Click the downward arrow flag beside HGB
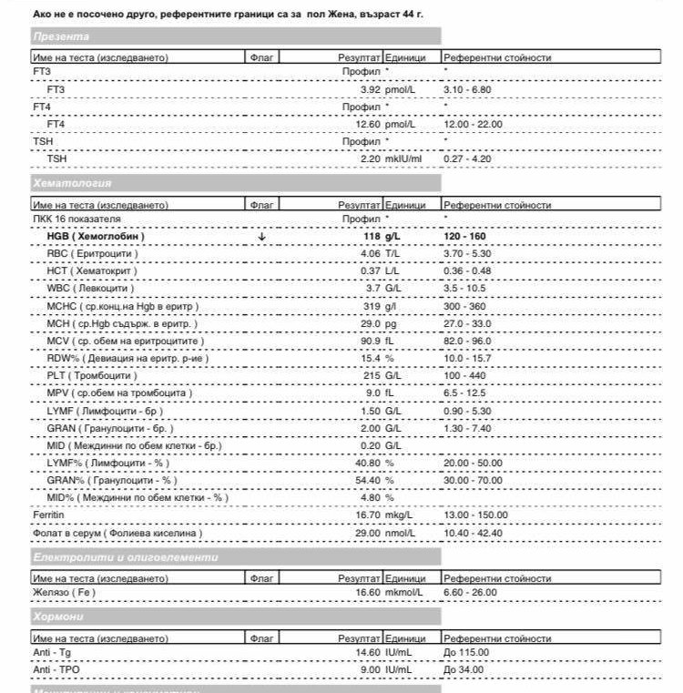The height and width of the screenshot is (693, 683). pyautogui.click(x=262, y=237)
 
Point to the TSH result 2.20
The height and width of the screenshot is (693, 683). pyautogui.click(x=370, y=158)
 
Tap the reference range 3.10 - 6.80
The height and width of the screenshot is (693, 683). pyautogui.click(x=468, y=90)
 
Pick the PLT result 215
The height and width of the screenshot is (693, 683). pyautogui.click(x=371, y=375)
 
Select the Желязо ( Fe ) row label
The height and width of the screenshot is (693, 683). pyautogui.click(x=64, y=593)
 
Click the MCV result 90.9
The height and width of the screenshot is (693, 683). pyautogui.click(x=370, y=341)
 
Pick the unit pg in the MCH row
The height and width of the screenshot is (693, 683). pyautogui.click(x=392, y=323)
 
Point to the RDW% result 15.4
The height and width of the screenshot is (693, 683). pyautogui.click(x=370, y=358)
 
